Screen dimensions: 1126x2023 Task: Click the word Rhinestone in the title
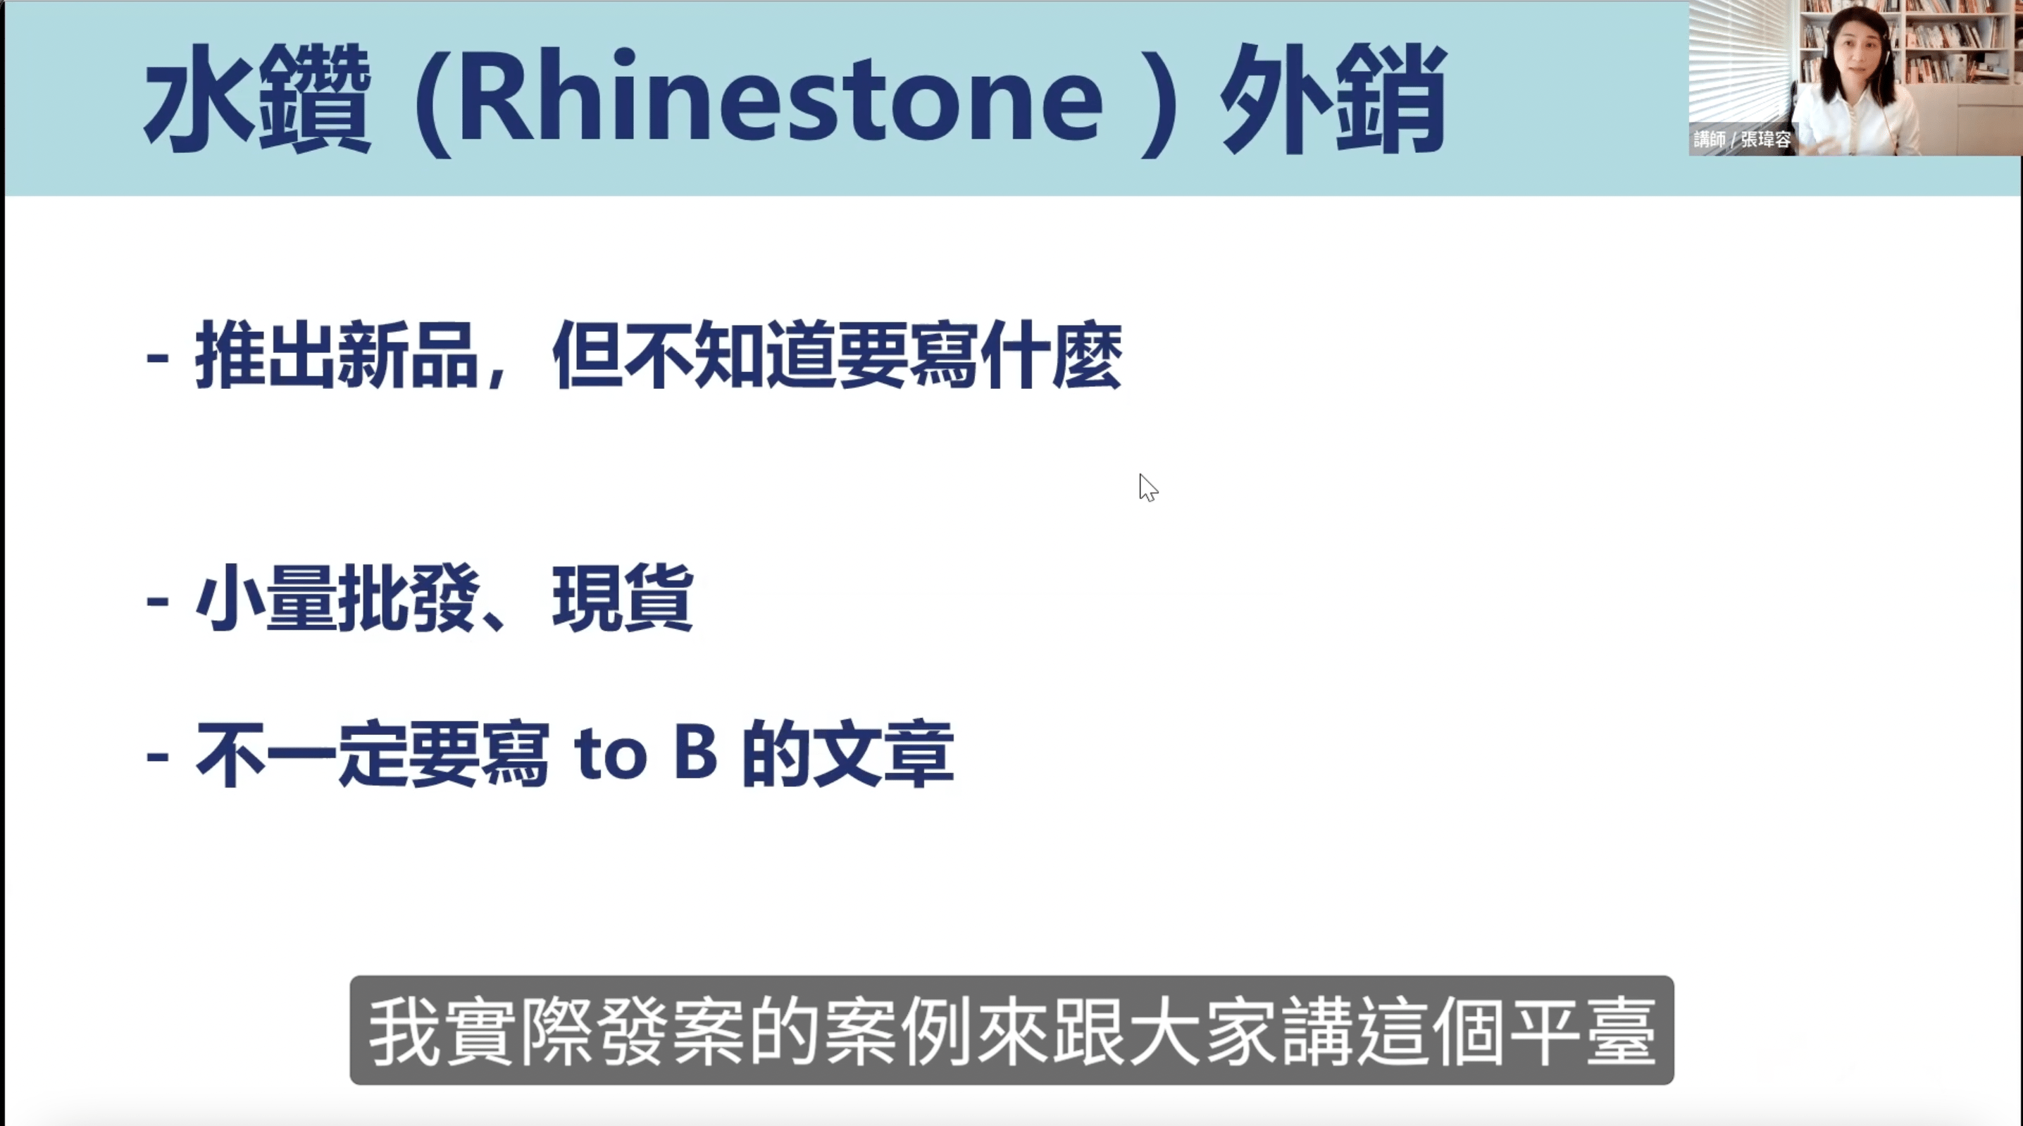[x=781, y=98]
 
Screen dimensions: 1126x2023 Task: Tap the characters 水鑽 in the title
[x=257, y=98]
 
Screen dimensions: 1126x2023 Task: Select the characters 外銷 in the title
[x=1333, y=98]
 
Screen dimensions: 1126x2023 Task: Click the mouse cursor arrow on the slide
[x=1147, y=486]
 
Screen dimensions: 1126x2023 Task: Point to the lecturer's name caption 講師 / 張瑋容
[x=1742, y=140]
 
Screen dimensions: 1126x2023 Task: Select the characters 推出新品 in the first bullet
[x=337, y=355]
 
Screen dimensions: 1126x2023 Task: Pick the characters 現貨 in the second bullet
[x=622, y=598]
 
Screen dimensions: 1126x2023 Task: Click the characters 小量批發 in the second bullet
[x=337, y=598]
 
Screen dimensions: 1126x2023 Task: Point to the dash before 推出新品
[x=157, y=357]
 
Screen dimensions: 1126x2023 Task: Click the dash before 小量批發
[x=157, y=601]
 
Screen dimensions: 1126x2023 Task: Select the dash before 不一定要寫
[x=157, y=757]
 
